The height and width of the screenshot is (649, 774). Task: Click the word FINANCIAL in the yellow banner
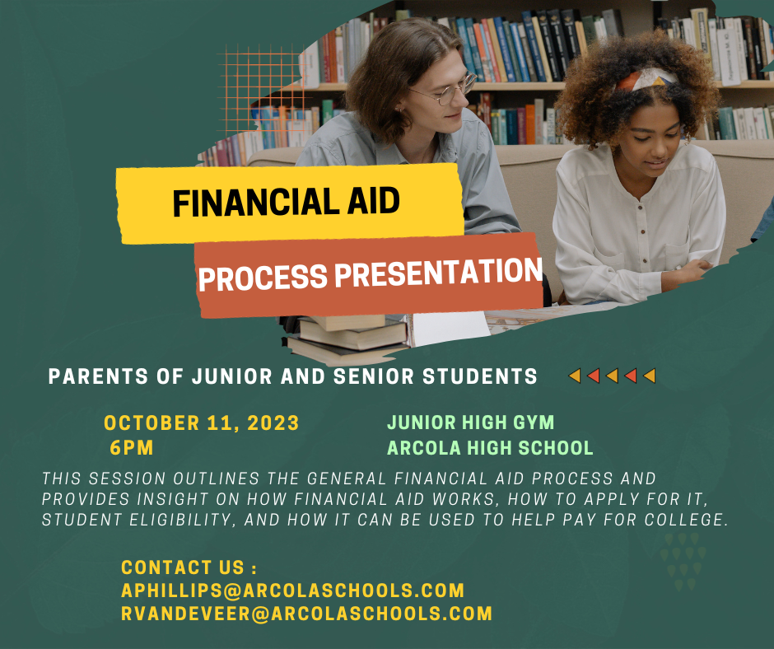tap(256, 202)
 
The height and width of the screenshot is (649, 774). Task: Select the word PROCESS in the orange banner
tap(263, 278)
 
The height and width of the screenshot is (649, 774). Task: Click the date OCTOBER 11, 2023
tap(202, 423)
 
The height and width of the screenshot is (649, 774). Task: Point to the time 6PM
tap(131, 448)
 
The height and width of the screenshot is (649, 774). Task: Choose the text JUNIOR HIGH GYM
tap(470, 423)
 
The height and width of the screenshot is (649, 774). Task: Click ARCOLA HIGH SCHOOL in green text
tap(490, 448)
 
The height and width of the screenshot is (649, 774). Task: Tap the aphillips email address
tap(292, 591)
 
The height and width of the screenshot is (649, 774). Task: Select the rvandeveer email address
tap(306, 614)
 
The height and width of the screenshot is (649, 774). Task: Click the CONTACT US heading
tap(189, 567)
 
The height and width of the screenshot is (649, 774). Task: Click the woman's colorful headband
tap(646, 79)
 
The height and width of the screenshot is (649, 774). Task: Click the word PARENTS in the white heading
tap(98, 376)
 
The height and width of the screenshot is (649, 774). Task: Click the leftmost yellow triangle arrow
tap(575, 376)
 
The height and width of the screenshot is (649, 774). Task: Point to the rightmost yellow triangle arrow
tap(650, 376)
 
